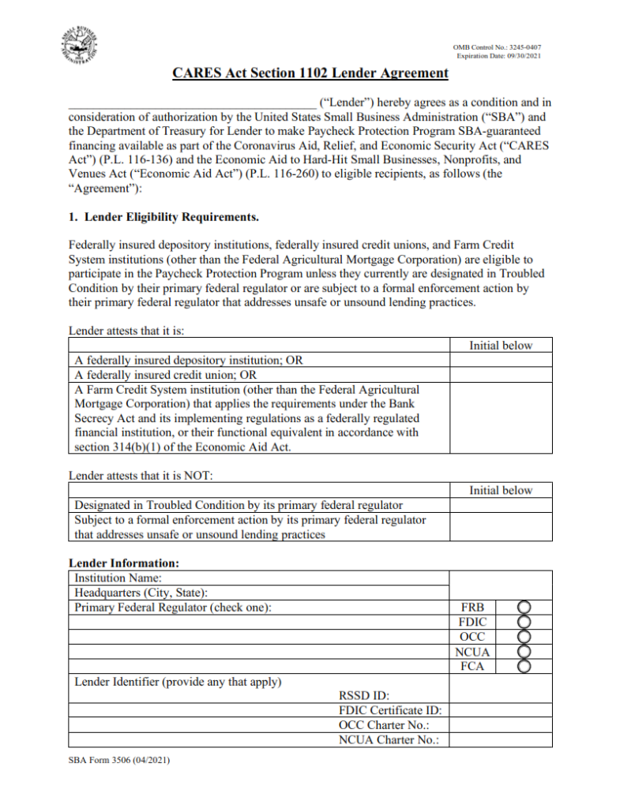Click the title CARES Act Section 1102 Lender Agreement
click(310, 73)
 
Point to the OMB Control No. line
click(497, 47)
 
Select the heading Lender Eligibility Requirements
click(163, 216)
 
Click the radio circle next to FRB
click(524, 608)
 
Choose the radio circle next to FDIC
click(524, 623)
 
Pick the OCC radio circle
click(524, 637)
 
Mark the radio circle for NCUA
click(524, 652)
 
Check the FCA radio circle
click(524, 667)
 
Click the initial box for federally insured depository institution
click(500, 360)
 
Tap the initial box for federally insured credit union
click(500, 375)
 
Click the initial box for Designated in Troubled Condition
click(500, 505)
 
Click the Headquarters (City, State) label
click(133, 593)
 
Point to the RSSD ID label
click(364, 696)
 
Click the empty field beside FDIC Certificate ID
click(500, 710)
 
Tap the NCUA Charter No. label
click(389, 739)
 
